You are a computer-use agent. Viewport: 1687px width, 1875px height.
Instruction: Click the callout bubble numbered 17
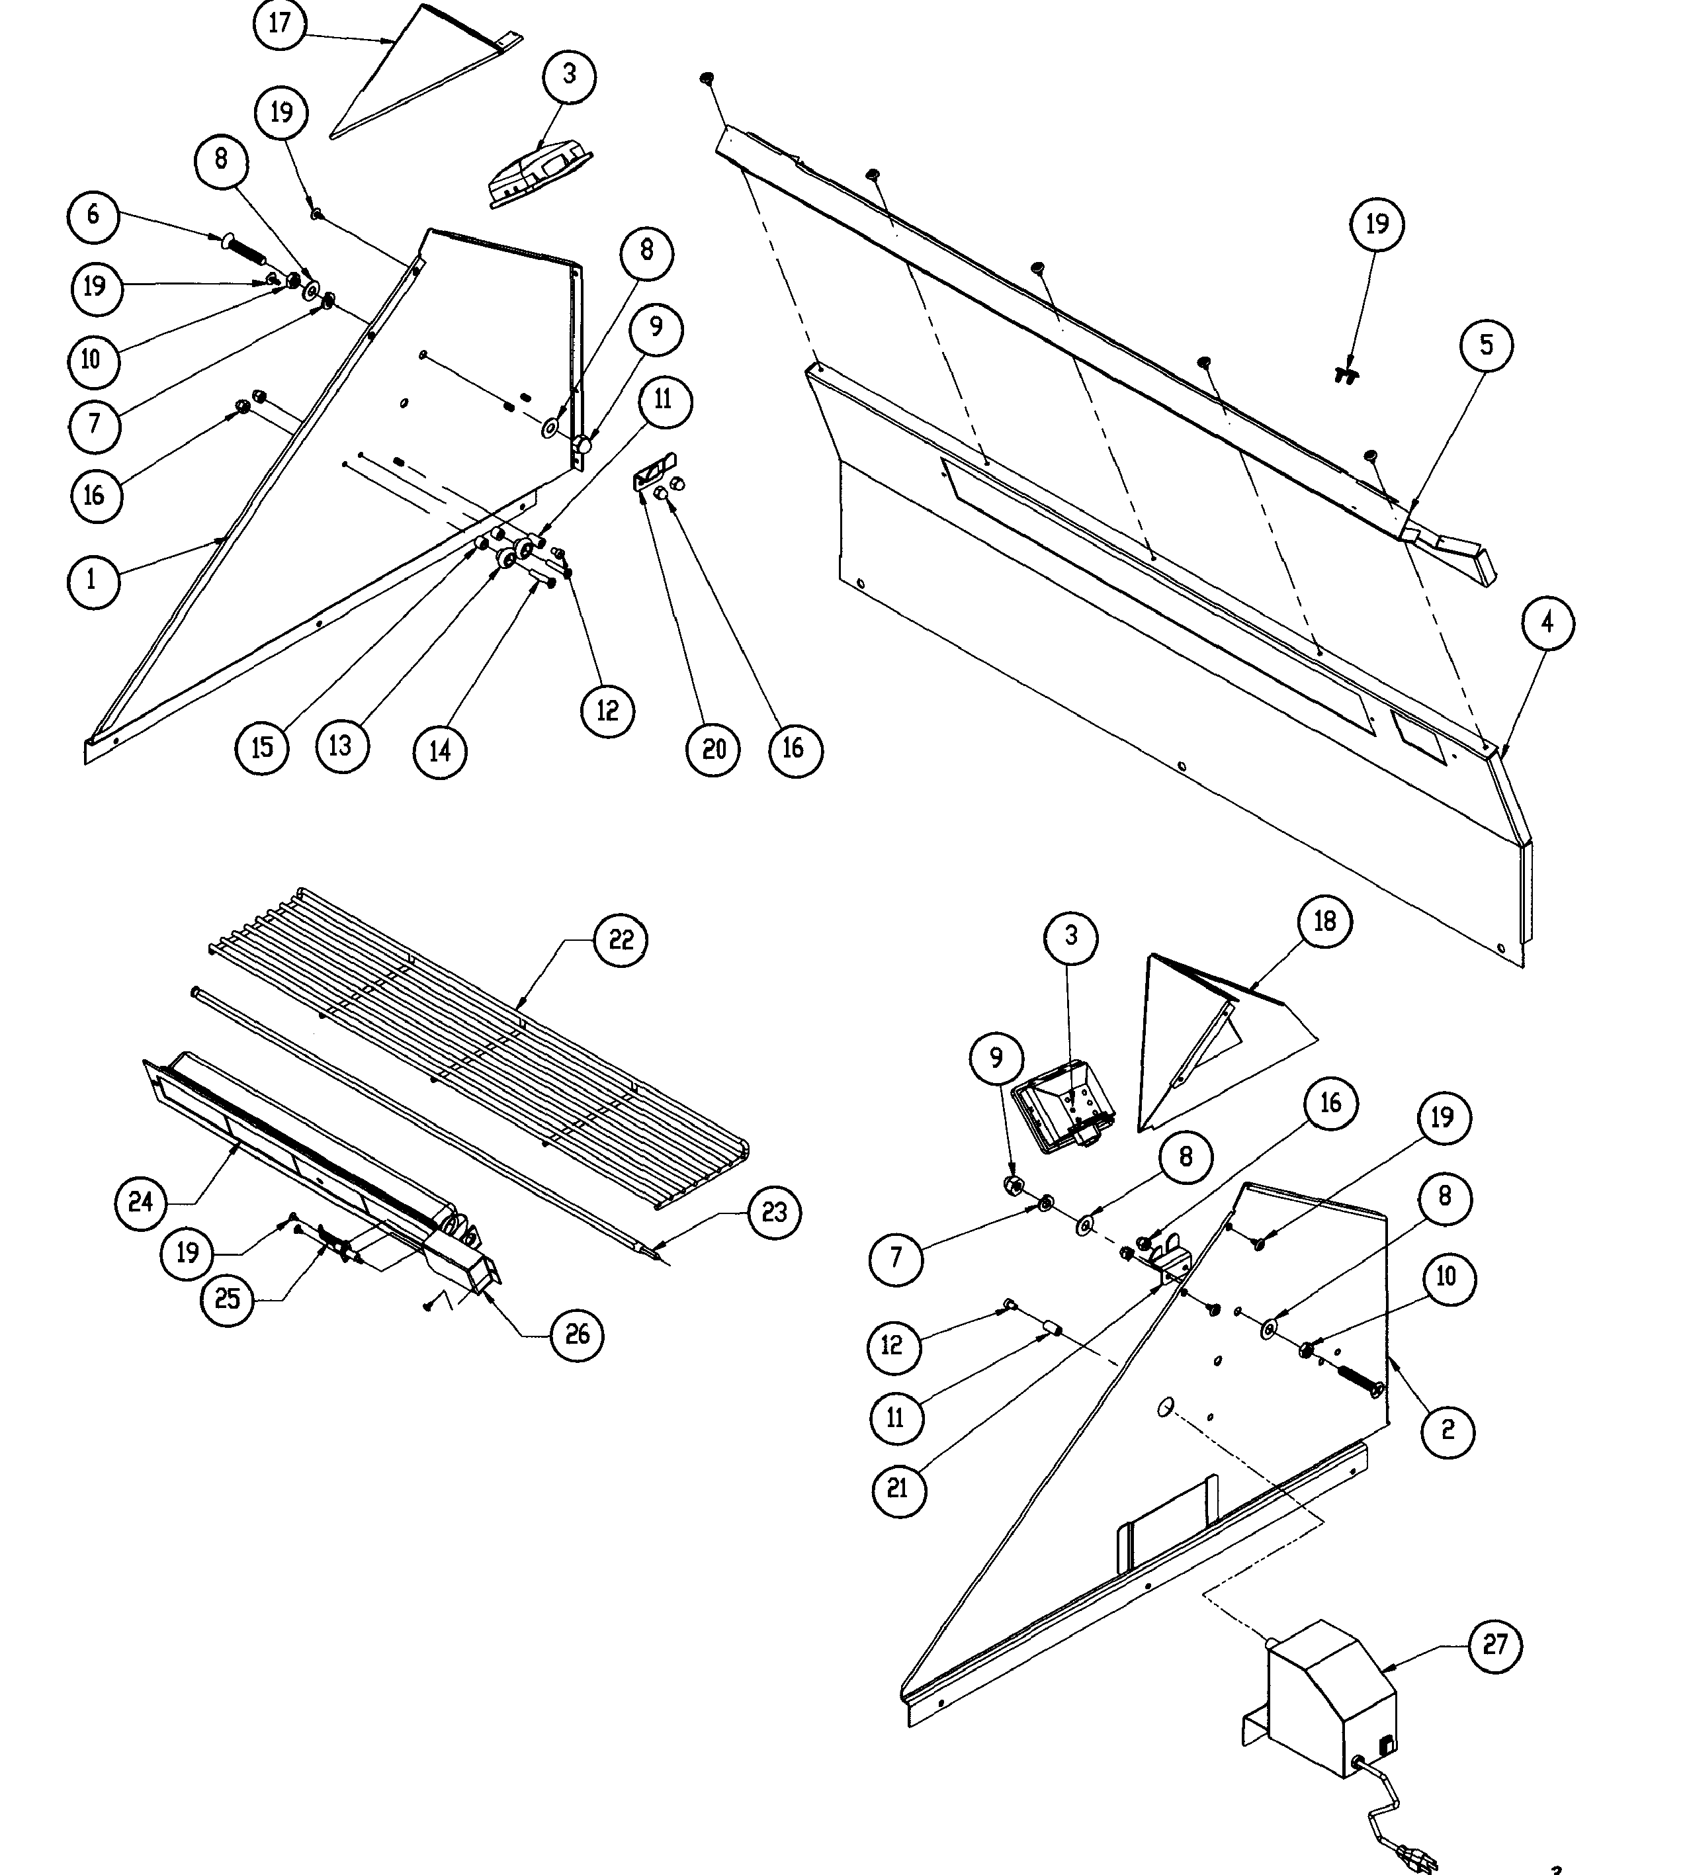pyautogui.click(x=280, y=23)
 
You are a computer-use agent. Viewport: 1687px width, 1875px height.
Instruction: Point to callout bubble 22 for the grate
pyautogui.click(x=620, y=940)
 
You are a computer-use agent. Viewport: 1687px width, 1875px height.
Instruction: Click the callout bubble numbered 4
pyautogui.click(x=1547, y=623)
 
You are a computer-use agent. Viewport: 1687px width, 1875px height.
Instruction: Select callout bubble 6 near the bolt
pyautogui.click(x=93, y=215)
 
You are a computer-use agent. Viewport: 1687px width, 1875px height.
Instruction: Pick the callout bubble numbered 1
pyautogui.click(x=93, y=581)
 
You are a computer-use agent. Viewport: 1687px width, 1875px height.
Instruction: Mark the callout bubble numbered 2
pyautogui.click(x=1447, y=1430)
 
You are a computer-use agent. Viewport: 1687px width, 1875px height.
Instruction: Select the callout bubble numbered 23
pyautogui.click(x=774, y=1211)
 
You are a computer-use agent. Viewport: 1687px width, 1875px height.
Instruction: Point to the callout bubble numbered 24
pyautogui.click(x=141, y=1203)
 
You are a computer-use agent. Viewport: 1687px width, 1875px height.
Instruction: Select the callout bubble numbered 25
pyautogui.click(x=227, y=1299)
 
